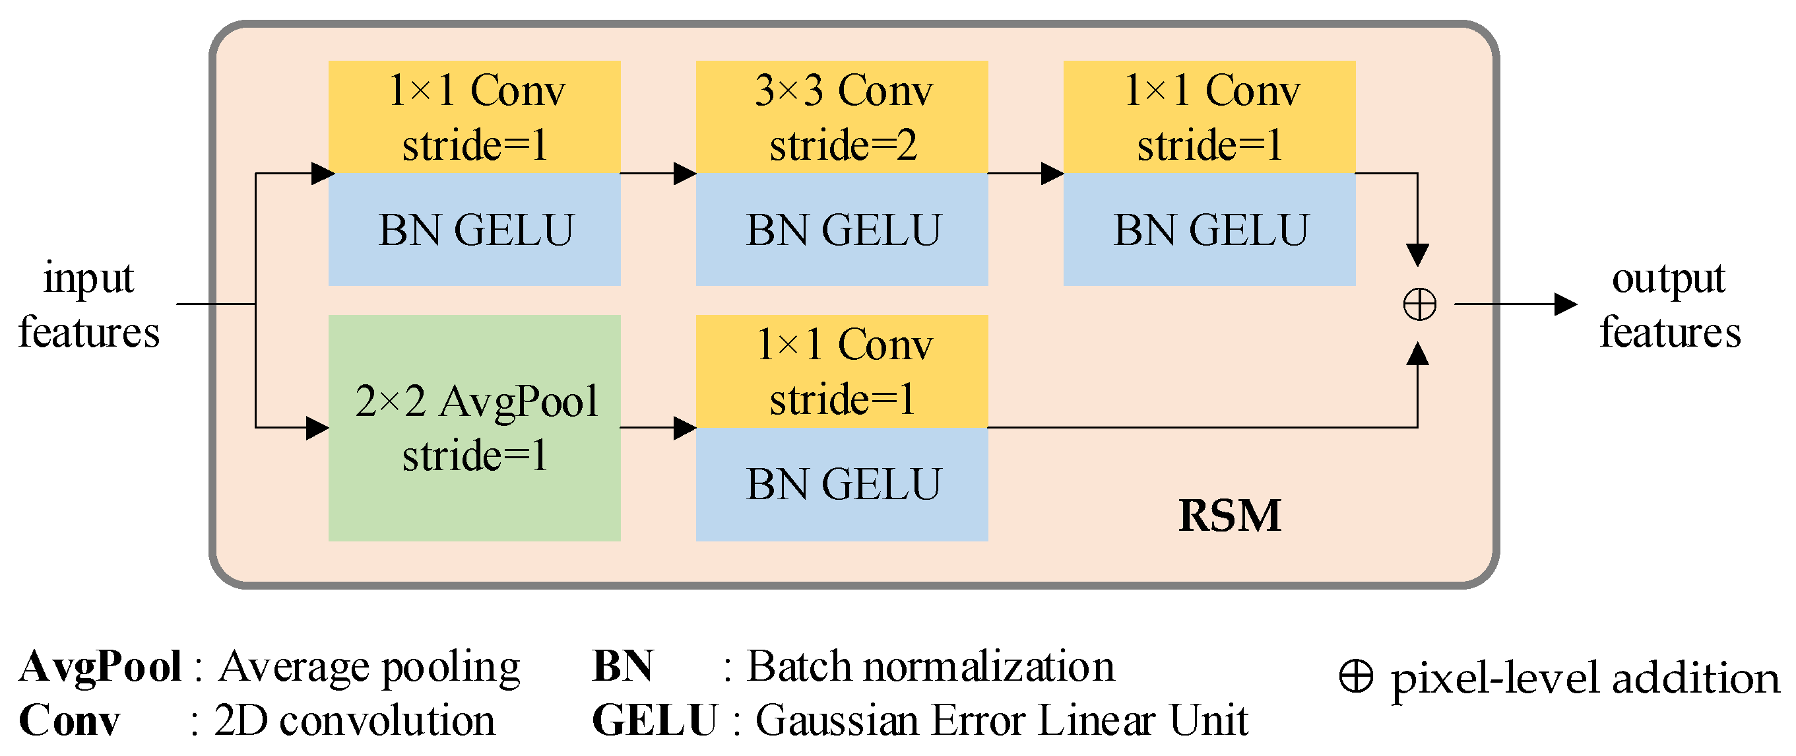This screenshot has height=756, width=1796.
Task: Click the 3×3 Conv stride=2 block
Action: tap(841, 116)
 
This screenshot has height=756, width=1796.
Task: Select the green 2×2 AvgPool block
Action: tap(474, 427)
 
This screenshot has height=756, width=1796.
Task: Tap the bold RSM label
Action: tap(1229, 516)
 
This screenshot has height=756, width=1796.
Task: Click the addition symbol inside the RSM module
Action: tap(1419, 305)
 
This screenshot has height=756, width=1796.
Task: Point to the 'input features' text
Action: tap(88, 305)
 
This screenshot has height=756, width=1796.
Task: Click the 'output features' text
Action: tap(1669, 305)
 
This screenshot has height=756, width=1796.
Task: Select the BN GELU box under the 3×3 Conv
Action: tap(841, 230)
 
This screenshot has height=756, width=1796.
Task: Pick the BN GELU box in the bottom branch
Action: tap(841, 484)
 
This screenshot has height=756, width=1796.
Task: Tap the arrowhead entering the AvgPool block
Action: tap(317, 427)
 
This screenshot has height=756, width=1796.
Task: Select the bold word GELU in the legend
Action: tap(654, 720)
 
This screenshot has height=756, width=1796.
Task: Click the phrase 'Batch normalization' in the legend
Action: tap(930, 667)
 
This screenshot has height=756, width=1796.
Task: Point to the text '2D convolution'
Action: tap(354, 720)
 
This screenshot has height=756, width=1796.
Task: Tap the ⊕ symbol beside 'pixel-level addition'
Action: tap(1356, 676)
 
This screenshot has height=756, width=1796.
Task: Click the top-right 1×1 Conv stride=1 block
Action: tap(1209, 116)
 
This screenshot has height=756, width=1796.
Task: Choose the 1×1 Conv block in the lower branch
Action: tap(841, 371)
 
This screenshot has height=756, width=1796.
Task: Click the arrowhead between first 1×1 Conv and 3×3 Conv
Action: tap(685, 174)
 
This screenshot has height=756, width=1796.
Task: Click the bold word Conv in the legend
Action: tap(69, 720)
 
